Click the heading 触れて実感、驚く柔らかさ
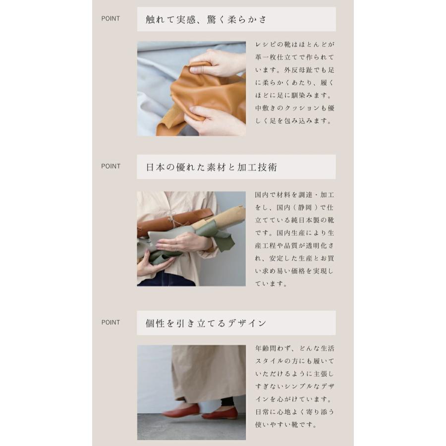click(206, 19)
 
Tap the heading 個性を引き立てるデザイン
click(206, 323)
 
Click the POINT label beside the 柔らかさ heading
click(111, 19)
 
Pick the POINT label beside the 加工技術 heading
click(111, 167)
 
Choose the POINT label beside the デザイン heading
click(111, 323)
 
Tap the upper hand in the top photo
click(218, 62)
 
